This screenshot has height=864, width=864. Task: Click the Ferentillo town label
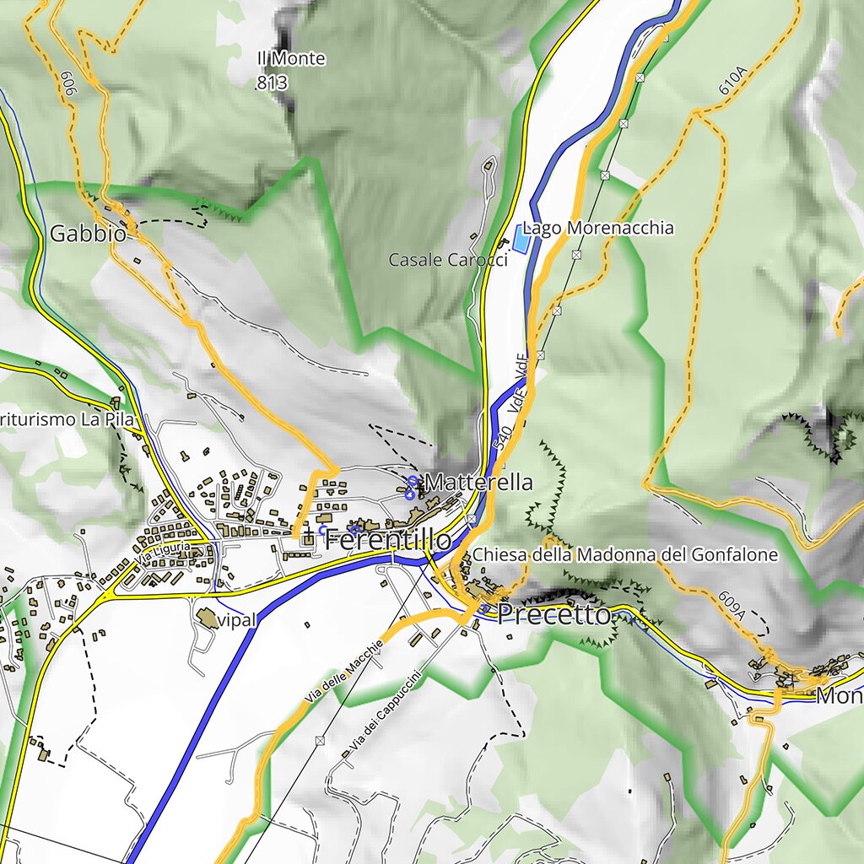coord(388,538)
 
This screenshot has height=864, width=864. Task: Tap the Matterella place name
coord(479,483)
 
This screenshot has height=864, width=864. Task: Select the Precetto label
coord(553,615)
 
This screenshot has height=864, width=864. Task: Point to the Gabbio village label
coord(88,234)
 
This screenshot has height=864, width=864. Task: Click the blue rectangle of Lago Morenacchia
coord(522,240)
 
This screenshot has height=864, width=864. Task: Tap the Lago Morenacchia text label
coord(598,228)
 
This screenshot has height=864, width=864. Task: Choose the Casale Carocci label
coord(448,260)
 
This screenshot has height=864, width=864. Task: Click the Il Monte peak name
coord(291,59)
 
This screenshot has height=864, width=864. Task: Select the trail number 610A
coord(732,80)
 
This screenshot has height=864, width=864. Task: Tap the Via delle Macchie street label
coord(344,672)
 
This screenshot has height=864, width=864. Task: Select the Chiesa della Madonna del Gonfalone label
coord(624,555)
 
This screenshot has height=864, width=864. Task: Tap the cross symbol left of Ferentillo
coord(309,536)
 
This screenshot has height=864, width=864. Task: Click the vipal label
coord(235,620)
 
